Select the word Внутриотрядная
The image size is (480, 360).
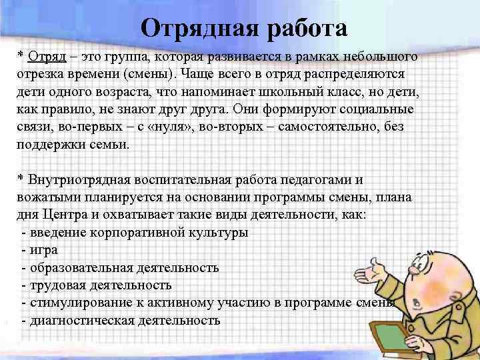tap(76, 181)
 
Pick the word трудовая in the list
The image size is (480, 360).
tap(55, 285)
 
